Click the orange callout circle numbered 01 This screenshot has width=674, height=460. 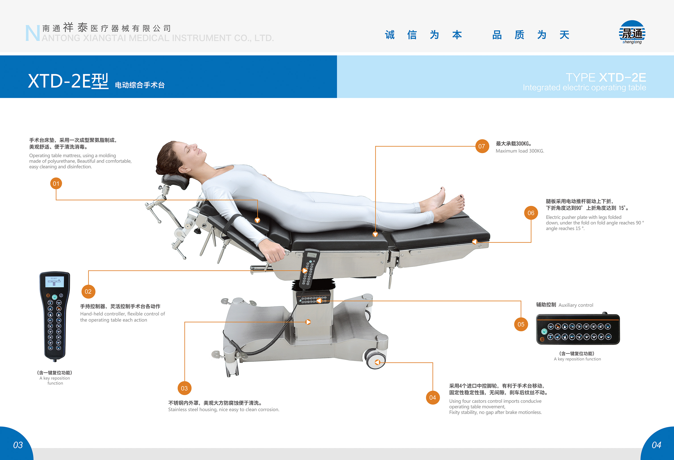click(56, 183)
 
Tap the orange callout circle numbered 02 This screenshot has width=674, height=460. click(88, 292)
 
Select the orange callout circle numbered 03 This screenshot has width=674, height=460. click(184, 388)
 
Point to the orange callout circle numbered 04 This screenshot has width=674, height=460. click(432, 397)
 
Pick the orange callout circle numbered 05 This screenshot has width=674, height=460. click(521, 324)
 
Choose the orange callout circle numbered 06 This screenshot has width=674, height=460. click(531, 213)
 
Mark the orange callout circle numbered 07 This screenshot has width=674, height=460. click(482, 146)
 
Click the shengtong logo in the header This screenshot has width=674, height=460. click(632, 33)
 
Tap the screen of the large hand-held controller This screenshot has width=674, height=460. click(54, 282)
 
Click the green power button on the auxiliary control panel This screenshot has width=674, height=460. click(544, 331)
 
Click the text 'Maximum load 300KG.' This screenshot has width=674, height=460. click(520, 151)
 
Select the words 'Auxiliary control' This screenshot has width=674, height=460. click(576, 305)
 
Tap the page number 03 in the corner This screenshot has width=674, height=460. click(18, 445)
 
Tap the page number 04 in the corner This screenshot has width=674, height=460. click(656, 445)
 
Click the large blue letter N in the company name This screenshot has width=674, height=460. click(32, 33)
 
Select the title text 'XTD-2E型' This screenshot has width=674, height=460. click(68, 81)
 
